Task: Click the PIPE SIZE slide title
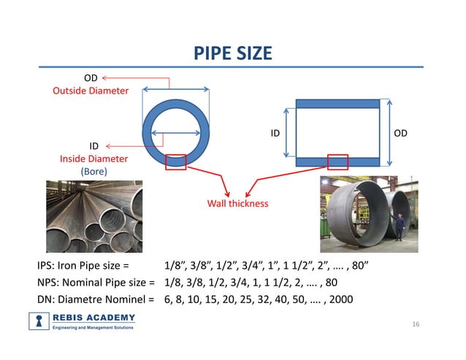tap(233, 53)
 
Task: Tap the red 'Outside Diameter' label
tap(91, 91)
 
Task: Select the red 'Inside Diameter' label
tap(93, 158)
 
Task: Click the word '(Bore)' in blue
tap(93, 171)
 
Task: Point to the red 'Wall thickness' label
tap(237, 203)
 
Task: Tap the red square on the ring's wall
tap(175, 161)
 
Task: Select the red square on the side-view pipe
tap(337, 161)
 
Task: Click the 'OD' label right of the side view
tap(401, 133)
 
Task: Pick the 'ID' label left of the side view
tap(275, 133)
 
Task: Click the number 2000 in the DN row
tap(342, 299)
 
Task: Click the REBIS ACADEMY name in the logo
tap(94, 317)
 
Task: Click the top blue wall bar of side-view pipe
tap(337, 104)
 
